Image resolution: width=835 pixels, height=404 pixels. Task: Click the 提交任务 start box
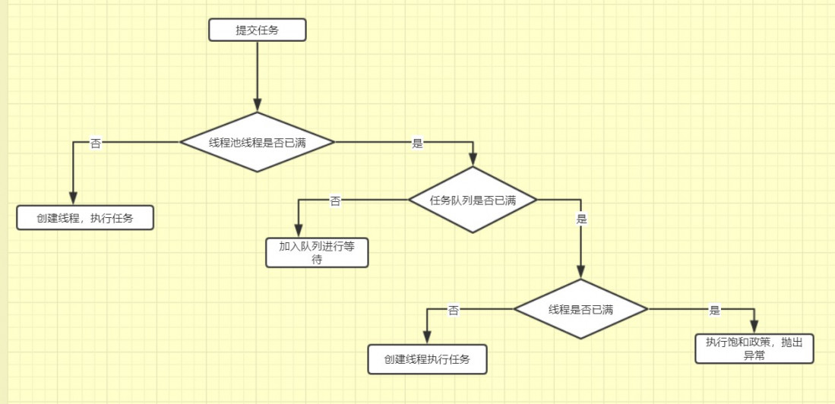tap(258, 30)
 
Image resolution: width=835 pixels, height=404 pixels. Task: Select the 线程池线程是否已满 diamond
tap(258, 142)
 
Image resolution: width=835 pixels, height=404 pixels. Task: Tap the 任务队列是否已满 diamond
tap(473, 200)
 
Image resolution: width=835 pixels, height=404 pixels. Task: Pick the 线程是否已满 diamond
tap(580, 309)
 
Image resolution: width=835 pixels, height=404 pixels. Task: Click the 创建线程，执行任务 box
tap(85, 218)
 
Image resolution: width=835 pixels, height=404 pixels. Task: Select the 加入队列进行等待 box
tap(317, 253)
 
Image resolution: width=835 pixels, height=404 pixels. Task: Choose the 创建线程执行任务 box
tap(426, 359)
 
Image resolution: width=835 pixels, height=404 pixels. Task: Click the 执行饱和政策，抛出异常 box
tap(754, 348)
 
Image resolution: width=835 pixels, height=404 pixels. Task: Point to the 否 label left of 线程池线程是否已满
tap(95, 143)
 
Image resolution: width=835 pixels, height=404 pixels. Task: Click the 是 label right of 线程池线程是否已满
tap(416, 143)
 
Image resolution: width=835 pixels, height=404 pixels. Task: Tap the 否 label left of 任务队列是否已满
tap(335, 200)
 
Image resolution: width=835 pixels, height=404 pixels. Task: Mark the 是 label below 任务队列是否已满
tap(582, 219)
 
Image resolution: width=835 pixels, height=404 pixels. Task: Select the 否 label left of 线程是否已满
tap(454, 310)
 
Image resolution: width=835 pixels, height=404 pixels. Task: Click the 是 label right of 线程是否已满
tap(714, 310)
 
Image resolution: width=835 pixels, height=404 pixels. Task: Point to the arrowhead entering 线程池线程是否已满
tap(258, 106)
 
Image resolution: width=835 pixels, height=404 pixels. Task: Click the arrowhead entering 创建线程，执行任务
tap(74, 199)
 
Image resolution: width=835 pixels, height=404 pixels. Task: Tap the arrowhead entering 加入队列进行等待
tap(298, 233)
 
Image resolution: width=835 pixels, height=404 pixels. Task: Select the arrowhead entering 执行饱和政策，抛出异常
tap(754, 327)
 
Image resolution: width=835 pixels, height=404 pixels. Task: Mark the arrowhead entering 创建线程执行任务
tap(426, 339)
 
